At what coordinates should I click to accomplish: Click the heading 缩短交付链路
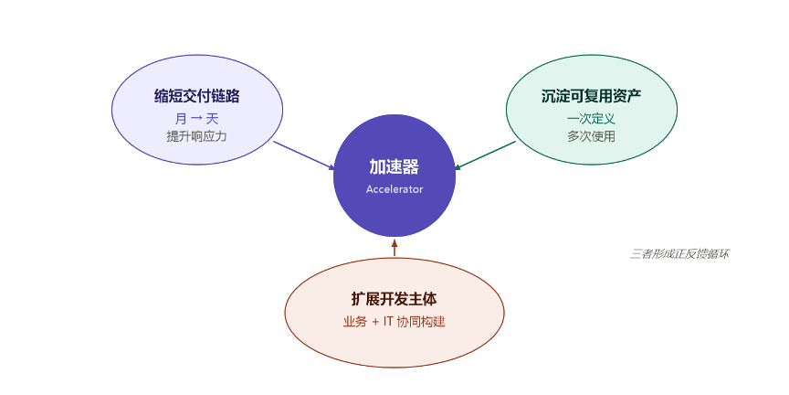click(196, 96)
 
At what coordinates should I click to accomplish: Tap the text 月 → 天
click(196, 119)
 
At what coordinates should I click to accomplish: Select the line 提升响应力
click(196, 136)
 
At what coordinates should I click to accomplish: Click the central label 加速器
click(394, 166)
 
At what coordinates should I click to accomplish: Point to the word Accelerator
click(394, 189)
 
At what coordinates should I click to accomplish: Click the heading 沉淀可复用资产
click(591, 96)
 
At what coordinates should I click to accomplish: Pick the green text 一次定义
click(591, 119)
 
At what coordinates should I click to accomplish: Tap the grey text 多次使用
click(591, 136)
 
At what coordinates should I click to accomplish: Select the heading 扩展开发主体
click(394, 299)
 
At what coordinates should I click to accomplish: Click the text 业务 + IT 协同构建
click(394, 322)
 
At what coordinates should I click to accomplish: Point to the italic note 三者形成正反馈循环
click(679, 254)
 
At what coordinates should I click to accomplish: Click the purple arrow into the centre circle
click(304, 155)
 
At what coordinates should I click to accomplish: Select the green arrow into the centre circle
click(485, 155)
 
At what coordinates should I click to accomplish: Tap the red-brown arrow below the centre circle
click(394, 247)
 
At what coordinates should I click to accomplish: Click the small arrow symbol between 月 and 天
click(196, 120)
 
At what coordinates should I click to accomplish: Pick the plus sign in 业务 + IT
click(375, 323)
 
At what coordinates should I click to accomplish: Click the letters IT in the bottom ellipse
click(388, 323)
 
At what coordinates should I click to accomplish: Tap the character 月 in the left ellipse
click(181, 119)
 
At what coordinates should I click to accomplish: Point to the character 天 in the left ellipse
click(213, 119)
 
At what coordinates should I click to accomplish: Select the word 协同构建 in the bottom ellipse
click(421, 322)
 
